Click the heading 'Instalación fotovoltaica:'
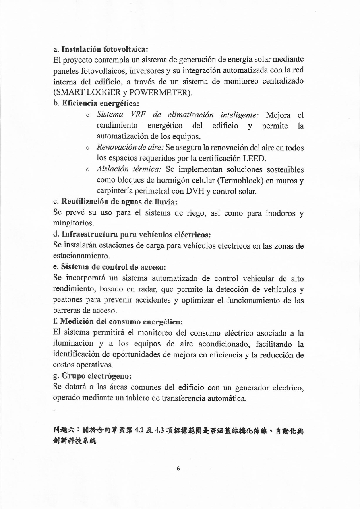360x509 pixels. click(x=105, y=49)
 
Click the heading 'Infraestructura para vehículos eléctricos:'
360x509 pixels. click(x=136, y=235)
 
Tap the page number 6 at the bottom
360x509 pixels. click(x=178, y=468)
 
